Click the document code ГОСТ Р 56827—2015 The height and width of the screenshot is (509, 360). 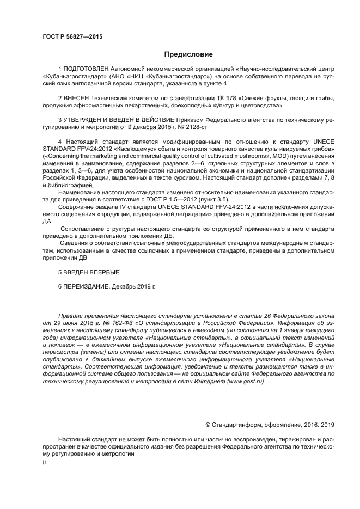pos(72,36)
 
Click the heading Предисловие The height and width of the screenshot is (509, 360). pos(188,54)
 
